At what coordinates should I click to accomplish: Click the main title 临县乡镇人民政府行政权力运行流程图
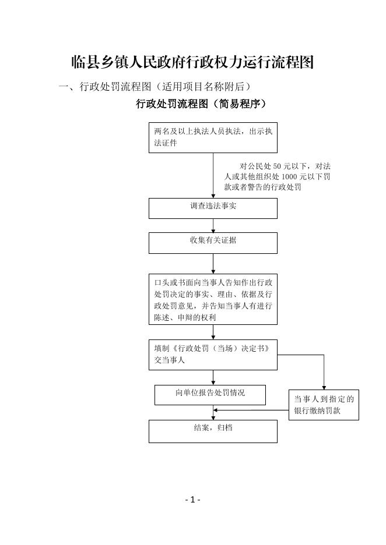tap(192, 62)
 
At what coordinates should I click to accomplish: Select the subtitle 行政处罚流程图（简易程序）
tap(201, 104)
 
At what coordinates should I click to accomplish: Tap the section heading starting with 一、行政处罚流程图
tap(156, 86)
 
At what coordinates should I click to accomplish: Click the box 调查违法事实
tap(213, 208)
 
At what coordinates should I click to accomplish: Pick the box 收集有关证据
tap(213, 243)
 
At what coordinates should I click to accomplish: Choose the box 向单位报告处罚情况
tap(210, 395)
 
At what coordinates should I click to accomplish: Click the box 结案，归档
tap(213, 431)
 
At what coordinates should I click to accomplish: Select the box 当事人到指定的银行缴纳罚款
tap(324, 405)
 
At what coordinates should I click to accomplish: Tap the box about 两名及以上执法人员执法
tap(213, 137)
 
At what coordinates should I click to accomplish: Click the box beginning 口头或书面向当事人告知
tap(213, 300)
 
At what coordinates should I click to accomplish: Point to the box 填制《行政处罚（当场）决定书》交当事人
tap(213, 355)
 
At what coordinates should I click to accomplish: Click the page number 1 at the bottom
tap(192, 500)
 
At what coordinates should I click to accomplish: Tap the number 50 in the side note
tap(278, 167)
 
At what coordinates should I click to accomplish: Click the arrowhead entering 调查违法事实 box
tap(213, 196)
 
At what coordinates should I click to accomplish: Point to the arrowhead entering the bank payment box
tap(324, 388)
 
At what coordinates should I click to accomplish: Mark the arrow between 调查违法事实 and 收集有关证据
tap(213, 225)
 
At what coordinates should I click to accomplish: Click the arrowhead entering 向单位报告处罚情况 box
tap(213, 383)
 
